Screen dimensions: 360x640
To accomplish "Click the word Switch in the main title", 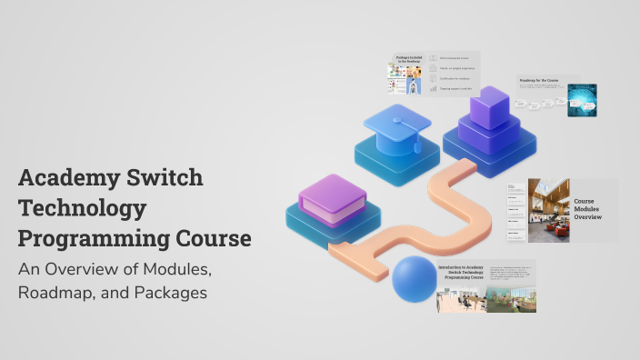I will [161, 178].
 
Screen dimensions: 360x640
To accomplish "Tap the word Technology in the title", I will [81, 209].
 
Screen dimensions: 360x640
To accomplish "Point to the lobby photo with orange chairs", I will [548, 211].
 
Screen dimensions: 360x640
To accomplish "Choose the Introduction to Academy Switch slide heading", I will [461, 273].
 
